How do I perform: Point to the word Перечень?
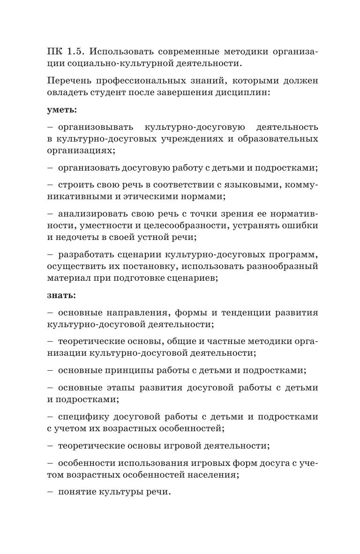(71, 81)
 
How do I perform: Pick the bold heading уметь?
(62, 110)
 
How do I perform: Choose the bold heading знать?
(61, 296)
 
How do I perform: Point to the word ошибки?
(297, 226)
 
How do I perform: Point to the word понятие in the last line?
(76, 492)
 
